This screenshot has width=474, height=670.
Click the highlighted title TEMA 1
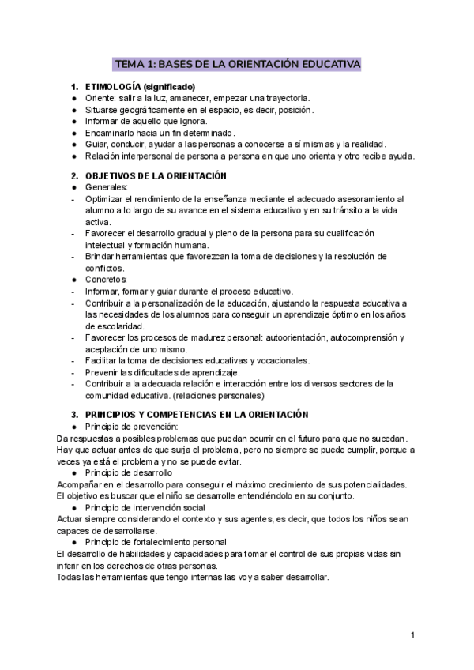[x=237, y=63]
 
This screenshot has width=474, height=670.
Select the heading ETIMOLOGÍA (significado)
[x=140, y=86]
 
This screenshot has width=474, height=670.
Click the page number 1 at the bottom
[x=413, y=635]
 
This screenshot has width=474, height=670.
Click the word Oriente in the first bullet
[x=100, y=98]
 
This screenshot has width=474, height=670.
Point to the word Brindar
[x=100, y=257]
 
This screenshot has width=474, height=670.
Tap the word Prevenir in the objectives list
[x=103, y=372]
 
